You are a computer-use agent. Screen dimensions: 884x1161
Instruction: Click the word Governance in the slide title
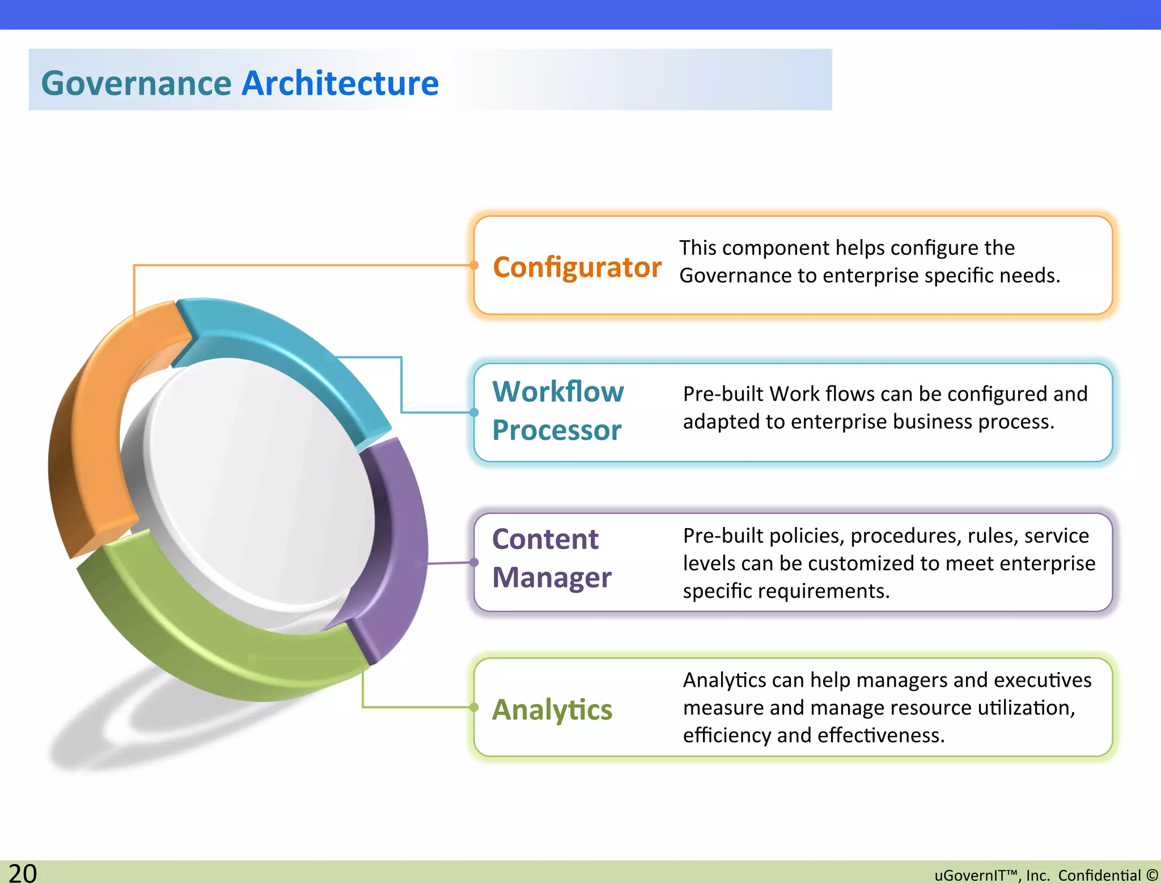136,83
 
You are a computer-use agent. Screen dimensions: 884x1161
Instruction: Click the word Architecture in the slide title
340,83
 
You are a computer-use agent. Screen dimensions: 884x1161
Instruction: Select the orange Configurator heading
577,267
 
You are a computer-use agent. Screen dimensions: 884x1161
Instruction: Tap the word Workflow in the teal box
558,392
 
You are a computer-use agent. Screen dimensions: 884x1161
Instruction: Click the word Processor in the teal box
557,430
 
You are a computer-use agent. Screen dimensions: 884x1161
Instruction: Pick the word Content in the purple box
545,539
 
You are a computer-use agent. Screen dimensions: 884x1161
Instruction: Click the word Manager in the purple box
552,577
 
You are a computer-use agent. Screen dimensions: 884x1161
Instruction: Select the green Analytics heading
552,709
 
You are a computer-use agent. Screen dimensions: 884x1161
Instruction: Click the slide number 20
23,873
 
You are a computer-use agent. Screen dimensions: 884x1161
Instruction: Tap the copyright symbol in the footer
1152,875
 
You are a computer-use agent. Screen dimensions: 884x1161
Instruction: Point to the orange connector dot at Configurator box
474,265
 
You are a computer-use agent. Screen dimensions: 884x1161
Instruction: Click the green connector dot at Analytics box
474,707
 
